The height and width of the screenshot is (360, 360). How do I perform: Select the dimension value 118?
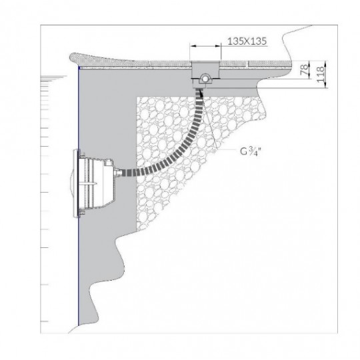(321, 71)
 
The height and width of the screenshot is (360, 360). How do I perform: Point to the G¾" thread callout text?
(253, 151)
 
